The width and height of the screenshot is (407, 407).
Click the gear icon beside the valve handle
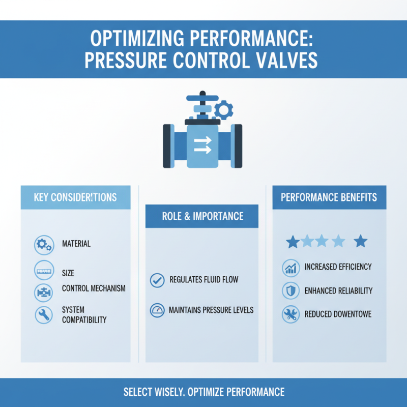[x=223, y=109]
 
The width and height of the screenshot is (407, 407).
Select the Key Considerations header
[x=75, y=197]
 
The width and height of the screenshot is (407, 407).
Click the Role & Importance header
[x=202, y=216]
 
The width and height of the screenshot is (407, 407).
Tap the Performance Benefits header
[x=328, y=197]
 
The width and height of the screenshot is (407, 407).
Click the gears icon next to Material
[x=43, y=245]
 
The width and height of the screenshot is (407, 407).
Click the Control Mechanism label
[x=94, y=288]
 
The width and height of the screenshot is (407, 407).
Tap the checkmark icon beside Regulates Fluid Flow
[x=157, y=280]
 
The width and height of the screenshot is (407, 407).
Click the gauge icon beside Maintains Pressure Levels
[x=157, y=310]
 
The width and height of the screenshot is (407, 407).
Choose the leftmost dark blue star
[x=293, y=242]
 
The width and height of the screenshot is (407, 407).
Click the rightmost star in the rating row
[x=360, y=242]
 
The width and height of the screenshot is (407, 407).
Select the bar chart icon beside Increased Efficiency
[x=290, y=267]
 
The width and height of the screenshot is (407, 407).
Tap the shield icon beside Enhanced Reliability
[x=290, y=291]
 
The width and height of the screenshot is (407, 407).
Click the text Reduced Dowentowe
[x=338, y=314]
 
